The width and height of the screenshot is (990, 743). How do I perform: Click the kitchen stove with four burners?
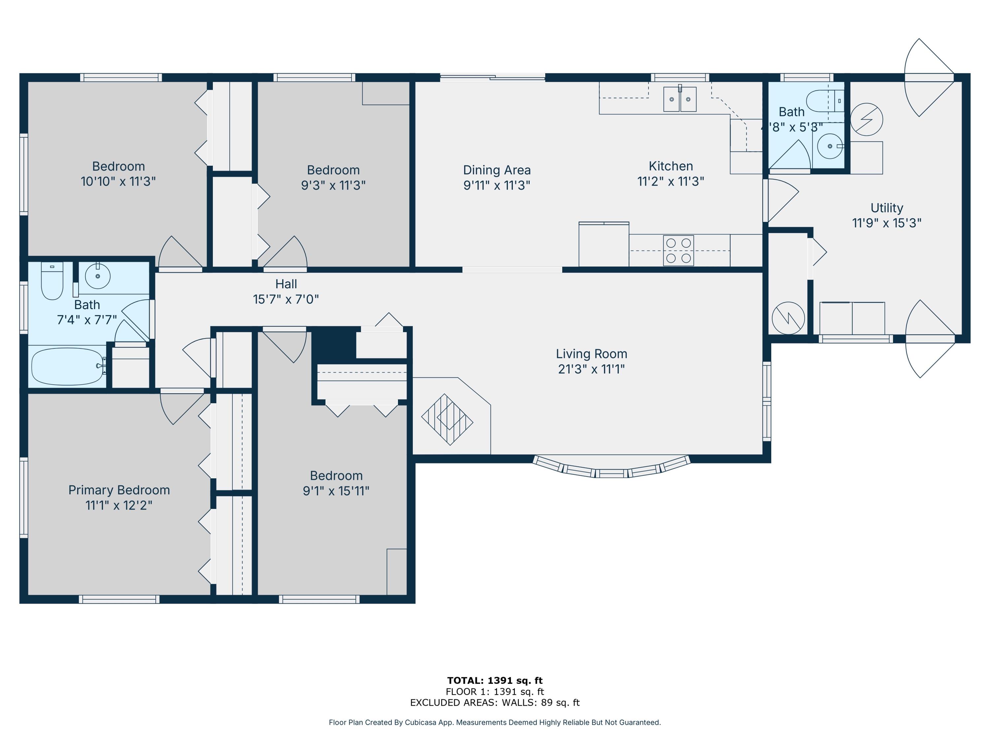coord(678,250)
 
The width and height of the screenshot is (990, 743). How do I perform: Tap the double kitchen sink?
coord(679,99)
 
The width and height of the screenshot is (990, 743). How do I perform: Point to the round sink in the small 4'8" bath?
coord(829,146)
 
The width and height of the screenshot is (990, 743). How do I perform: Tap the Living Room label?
coord(591,354)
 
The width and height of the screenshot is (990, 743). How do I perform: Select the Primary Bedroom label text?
coord(119,490)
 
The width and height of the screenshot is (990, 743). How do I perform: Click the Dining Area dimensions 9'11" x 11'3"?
coord(497,185)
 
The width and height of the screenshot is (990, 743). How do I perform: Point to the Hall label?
coord(286,284)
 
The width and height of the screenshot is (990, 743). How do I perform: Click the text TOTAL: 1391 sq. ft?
coord(495,680)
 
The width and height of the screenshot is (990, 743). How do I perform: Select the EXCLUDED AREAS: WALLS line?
coord(495,702)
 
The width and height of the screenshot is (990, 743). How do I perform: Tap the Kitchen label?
coord(671,166)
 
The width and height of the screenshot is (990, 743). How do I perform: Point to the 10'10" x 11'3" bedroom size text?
coord(118,181)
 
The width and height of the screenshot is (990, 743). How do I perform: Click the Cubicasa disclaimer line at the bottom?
coord(495,723)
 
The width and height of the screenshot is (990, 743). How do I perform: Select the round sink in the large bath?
coord(98,276)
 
